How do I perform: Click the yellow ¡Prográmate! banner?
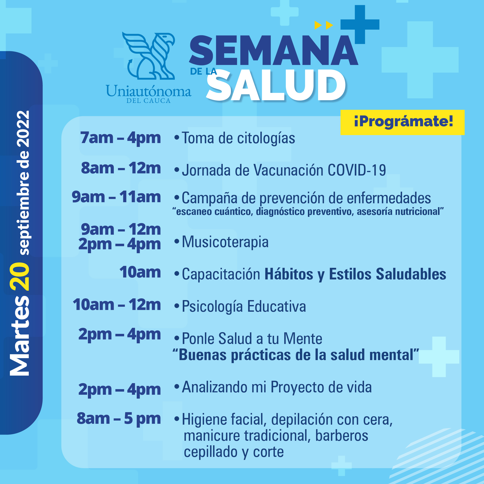402,122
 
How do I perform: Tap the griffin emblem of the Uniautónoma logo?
149,56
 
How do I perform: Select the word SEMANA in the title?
273,50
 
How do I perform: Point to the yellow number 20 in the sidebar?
19,276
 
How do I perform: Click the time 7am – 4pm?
120,138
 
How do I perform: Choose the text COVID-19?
357,170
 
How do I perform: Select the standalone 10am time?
140,272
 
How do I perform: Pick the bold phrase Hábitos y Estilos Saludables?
355,274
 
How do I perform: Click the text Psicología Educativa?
244,307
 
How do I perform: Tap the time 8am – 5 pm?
119,419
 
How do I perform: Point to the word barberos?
342,436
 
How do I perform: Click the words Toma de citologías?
238,138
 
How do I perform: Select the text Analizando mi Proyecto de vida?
277,387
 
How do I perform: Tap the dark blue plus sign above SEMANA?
360,25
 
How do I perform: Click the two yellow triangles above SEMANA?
324,25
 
